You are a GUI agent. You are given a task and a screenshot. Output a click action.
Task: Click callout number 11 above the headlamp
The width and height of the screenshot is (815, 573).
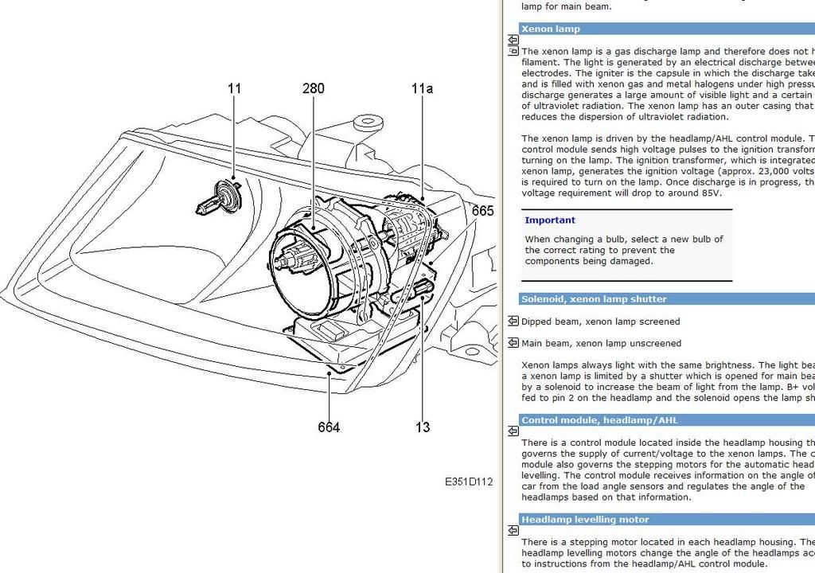coord(234,88)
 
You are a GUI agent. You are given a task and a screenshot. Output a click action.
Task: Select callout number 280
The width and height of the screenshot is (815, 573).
coord(314,88)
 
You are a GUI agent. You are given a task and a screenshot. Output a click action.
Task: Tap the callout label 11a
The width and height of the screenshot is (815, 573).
coord(423,88)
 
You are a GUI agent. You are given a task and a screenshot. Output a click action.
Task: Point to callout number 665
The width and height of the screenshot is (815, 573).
coord(483,211)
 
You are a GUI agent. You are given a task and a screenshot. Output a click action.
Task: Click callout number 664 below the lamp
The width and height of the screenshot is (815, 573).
coord(329,427)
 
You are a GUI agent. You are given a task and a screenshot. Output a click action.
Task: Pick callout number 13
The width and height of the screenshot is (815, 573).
coord(423,427)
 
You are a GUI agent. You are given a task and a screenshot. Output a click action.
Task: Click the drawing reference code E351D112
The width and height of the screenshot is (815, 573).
coord(469,481)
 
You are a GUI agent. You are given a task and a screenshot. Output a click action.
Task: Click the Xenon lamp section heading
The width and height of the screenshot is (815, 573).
coord(551,29)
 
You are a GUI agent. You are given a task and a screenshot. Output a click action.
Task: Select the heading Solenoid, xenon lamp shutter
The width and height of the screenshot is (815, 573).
coord(594,299)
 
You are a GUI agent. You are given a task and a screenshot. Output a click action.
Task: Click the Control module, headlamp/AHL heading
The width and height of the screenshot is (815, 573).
coord(599,420)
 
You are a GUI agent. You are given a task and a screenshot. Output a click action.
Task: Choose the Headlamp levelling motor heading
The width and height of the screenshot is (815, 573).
coord(585,520)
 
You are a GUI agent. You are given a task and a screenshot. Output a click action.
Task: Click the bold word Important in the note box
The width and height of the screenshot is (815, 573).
coord(550,220)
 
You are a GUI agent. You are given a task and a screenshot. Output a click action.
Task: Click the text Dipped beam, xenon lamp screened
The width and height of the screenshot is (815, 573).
coord(600,322)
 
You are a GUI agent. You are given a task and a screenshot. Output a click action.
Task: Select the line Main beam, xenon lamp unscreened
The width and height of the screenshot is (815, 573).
coord(601,343)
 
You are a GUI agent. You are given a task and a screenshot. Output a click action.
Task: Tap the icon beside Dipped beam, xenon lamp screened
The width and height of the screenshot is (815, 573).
coord(513,322)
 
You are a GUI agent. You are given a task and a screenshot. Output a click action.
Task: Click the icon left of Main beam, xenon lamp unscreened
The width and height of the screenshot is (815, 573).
coord(513,343)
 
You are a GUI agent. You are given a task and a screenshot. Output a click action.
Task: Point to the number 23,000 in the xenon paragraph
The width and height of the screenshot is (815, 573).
coord(777,171)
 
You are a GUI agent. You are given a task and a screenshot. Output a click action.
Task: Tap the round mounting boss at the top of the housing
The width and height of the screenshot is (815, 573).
coord(367,123)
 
